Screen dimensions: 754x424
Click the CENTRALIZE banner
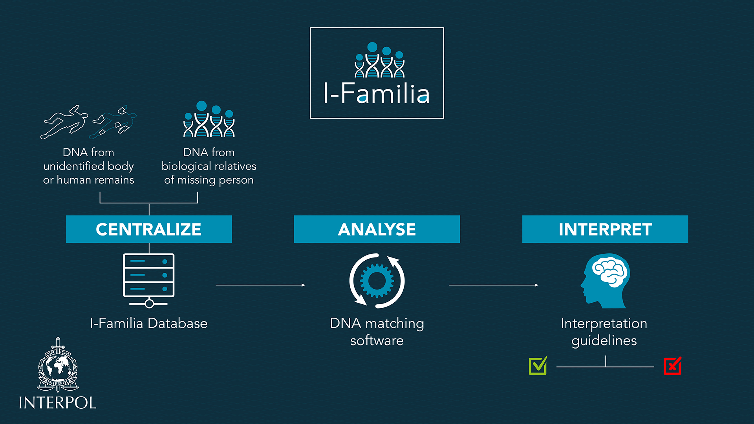click(148, 229)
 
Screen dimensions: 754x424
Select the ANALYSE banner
click(377, 229)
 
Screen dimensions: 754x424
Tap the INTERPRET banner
click(605, 229)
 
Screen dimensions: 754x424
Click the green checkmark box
click(538, 366)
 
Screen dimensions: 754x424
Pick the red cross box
click(672, 366)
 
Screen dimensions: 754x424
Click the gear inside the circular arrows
click(377, 280)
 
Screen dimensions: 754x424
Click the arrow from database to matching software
click(261, 285)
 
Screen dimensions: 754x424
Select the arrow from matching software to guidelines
click(494, 285)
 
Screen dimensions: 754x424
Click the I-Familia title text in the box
click(377, 93)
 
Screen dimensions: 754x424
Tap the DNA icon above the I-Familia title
click(379, 60)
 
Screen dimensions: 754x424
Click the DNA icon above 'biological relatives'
click(209, 119)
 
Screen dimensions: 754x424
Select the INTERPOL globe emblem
click(58, 365)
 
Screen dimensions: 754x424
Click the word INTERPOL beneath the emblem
click(57, 403)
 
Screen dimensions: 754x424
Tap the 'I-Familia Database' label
click(149, 323)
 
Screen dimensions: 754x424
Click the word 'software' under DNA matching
click(377, 340)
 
